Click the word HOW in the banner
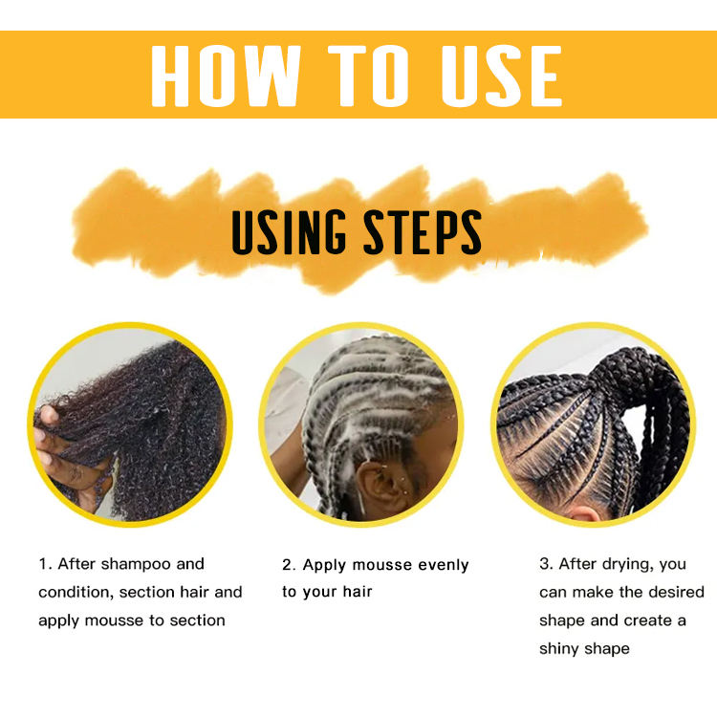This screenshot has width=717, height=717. tap(226, 76)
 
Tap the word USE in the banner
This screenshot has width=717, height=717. tap(502, 76)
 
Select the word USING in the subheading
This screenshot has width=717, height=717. tap(289, 232)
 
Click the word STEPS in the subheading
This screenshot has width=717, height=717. tap(422, 232)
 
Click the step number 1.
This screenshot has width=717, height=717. tap(44, 564)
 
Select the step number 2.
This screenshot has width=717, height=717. tap(288, 565)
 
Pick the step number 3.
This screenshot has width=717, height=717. tap(545, 564)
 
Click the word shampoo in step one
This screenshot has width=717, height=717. tap(136, 565)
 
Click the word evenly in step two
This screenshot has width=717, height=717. tap(444, 566)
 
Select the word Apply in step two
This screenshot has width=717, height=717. tap(325, 566)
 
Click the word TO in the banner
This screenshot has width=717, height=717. tap(368, 76)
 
